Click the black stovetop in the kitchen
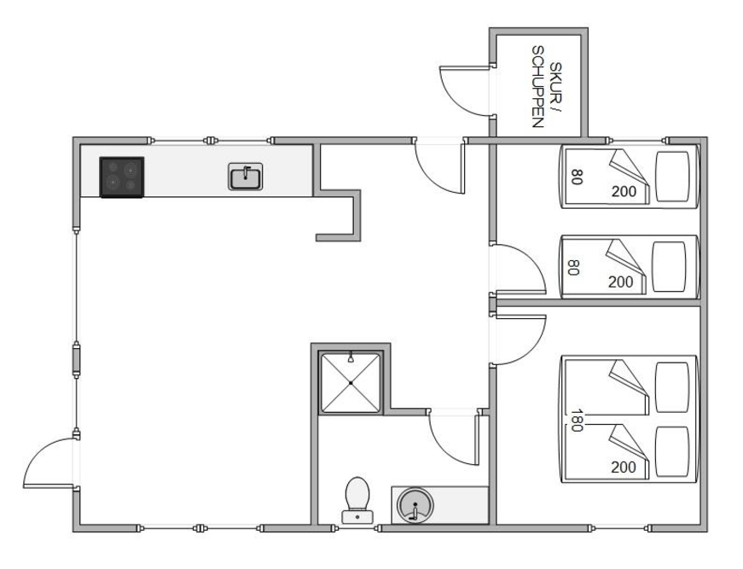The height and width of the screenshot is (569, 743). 122,177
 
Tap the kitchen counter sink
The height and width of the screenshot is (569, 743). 245,177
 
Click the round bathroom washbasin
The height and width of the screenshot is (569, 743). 415,505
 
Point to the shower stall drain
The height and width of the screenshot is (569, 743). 351,382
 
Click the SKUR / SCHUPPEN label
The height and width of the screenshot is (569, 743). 545,87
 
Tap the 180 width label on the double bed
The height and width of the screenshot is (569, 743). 576,421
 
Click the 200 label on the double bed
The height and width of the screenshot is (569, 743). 623,467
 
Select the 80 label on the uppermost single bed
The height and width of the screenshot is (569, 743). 576,177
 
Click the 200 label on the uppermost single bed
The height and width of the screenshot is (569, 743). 624,191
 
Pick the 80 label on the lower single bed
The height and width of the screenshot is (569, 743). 573,267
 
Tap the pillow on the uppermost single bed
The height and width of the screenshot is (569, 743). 672,177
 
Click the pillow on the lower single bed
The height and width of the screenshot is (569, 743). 669,267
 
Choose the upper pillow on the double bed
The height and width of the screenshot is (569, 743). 672,387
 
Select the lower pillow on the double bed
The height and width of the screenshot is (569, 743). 672,451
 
